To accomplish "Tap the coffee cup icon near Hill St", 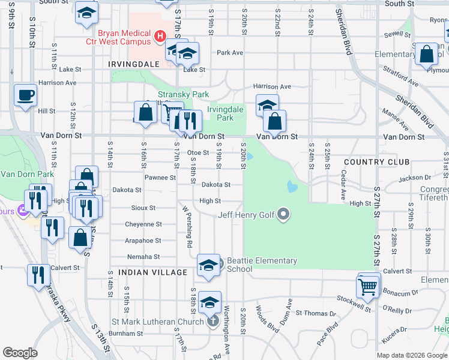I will [x=25, y=95].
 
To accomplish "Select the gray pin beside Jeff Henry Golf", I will [x=285, y=214].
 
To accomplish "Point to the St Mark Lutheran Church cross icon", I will [x=212, y=322].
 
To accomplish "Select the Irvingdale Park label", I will [x=225, y=113].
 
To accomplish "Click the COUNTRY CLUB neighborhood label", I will [x=377, y=162].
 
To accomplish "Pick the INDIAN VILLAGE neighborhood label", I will [x=153, y=272].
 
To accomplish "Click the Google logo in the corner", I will [x=20, y=352].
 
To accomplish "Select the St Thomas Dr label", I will [x=316, y=313].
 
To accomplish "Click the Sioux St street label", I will [x=143, y=208].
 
